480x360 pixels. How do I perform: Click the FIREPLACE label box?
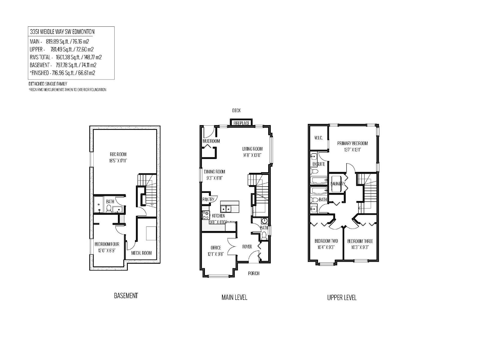point(241,123)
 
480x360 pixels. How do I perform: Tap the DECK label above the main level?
point(236,111)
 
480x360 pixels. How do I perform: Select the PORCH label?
point(254,273)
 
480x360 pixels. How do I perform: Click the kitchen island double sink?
point(226,209)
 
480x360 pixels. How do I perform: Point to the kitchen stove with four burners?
point(205,215)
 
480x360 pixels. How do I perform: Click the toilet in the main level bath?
point(264,236)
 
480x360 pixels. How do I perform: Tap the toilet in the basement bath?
point(108,209)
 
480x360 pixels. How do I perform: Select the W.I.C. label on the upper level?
point(318,138)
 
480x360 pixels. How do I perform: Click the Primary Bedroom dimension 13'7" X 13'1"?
point(352,150)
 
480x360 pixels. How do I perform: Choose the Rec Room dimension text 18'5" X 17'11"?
point(118,161)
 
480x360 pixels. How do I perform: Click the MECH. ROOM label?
point(141,253)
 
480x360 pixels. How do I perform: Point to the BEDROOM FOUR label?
point(107,244)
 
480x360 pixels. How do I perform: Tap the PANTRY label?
point(208,199)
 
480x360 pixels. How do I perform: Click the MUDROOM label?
point(211,141)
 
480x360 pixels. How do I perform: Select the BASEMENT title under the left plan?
point(126,296)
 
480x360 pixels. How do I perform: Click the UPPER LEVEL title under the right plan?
point(342,298)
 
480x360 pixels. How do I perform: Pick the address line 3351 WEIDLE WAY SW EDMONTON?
point(62,32)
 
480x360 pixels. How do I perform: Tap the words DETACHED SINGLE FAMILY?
point(48,84)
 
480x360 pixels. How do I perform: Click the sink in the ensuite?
point(313,157)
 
